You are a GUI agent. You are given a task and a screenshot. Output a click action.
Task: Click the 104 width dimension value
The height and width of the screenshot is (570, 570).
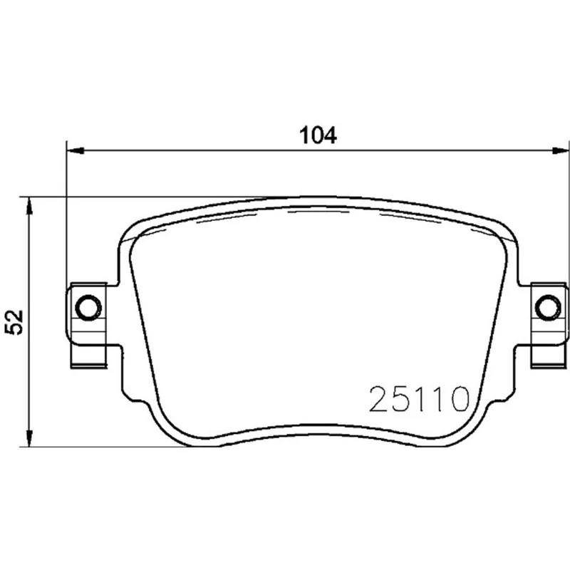tap(318, 135)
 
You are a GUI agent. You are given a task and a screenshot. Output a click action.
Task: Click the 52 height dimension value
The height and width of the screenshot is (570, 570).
tap(14, 322)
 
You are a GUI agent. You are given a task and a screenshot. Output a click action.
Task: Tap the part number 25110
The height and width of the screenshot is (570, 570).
tap(419, 399)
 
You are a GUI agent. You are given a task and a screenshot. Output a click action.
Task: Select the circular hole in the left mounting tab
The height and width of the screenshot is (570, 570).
tap(88, 308)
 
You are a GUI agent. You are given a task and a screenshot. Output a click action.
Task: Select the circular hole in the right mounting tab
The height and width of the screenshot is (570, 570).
tap(548, 308)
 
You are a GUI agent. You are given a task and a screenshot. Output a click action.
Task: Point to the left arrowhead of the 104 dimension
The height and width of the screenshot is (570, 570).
tap(76, 150)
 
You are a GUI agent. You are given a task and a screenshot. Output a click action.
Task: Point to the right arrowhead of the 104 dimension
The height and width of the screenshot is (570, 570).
tap(560, 150)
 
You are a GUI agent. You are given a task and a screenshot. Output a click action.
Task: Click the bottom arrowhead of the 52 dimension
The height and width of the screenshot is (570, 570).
tap(29, 438)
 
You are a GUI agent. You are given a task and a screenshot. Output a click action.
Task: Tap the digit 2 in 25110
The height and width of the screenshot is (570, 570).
tap(379, 399)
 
